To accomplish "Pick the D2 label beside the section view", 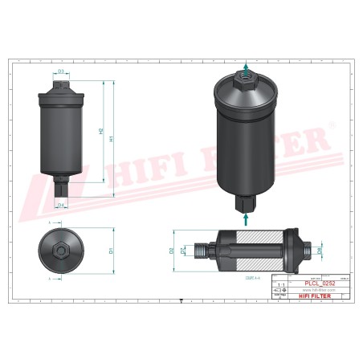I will (172, 251).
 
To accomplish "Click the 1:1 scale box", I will (279, 284).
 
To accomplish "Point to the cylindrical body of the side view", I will (61, 137).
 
